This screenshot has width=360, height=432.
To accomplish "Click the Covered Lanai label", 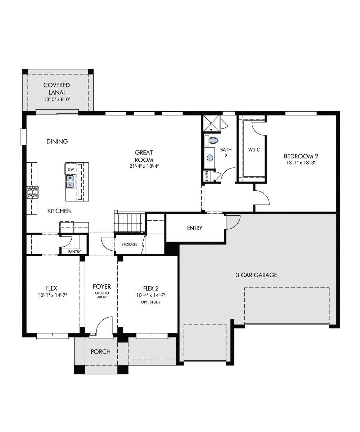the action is point(57,89).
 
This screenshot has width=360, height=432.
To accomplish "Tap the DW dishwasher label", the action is point(71,169).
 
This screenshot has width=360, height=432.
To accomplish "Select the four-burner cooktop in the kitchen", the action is point(33,192).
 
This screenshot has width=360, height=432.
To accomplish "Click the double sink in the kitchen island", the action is point(70,181).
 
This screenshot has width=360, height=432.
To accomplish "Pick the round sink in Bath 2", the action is point(210,158).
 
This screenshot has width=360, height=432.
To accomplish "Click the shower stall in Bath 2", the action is point(211,123).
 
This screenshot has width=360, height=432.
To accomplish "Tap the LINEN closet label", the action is point(207,176).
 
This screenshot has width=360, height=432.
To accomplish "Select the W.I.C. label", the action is point(255,150).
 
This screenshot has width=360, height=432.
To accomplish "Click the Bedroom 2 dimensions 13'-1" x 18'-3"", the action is point(301,163).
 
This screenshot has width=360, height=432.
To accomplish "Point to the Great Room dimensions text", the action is point(144,166).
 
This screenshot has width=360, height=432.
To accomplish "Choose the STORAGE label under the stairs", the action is point(129,244).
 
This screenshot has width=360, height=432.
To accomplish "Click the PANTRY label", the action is point(75,252).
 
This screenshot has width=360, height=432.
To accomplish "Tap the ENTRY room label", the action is point(195,228).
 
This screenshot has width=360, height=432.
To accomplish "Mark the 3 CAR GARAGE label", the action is point(256,275).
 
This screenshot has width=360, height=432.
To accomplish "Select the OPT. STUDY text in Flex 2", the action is point(150,302).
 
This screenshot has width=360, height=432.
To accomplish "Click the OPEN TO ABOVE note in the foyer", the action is point(102,295).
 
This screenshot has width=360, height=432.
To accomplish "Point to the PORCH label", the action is point(100,351).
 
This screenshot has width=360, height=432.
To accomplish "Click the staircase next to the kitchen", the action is point(129,222).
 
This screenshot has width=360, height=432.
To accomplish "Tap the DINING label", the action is point(57,141).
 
